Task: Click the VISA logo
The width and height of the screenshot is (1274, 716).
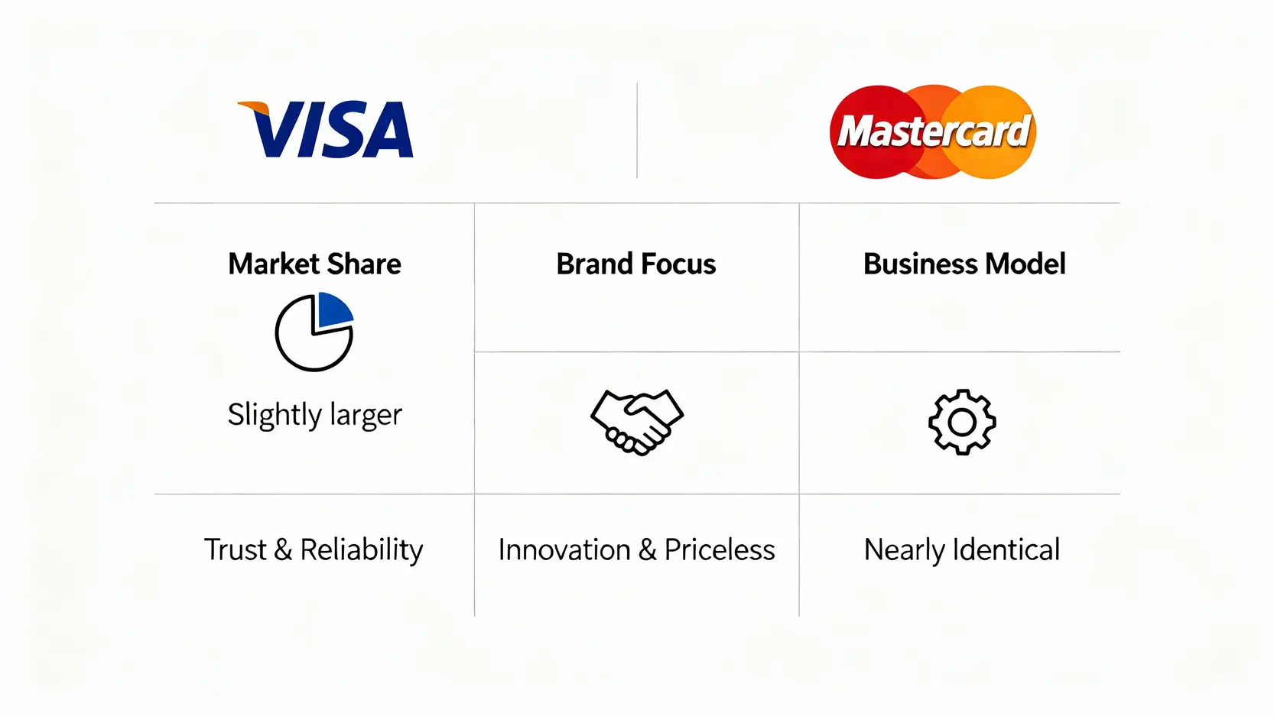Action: (x=327, y=130)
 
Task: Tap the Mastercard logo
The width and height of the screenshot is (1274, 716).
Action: (x=933, y=131)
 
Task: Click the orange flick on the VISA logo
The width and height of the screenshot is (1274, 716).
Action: (x=254, y=108)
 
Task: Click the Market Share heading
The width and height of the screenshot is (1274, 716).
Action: (x=314, y=264)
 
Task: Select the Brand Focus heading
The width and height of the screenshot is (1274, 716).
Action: (x=635, y=264)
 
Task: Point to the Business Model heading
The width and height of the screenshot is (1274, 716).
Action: (x=964, y=264)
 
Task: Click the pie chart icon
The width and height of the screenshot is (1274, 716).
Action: (x=314, y=333)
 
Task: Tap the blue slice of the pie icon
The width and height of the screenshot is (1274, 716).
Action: (x=334, y=309)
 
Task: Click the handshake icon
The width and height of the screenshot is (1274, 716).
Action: (x=636, y=422)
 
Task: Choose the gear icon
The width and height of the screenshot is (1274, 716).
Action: (x=962, y=422)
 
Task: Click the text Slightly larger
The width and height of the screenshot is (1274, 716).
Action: (x=314, y=415)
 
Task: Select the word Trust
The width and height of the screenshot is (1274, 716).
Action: (x=235, y=549)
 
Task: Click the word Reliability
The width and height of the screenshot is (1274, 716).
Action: (x=361, y=550)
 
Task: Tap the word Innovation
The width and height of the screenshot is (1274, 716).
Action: (x=564, y=550)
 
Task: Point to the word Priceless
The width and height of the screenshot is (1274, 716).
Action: (x=719, y=550)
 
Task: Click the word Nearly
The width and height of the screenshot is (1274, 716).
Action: (x=904, y=550)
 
